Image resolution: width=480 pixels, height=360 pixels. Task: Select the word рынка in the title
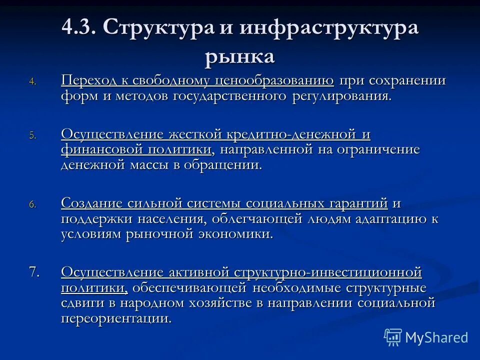(x=239, y=55)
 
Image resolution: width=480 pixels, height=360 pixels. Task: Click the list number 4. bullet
(x=32, y=82)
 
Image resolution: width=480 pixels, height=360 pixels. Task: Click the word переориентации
(x=116, y=318)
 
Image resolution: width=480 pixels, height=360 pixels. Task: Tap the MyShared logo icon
(x=393, y=337)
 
